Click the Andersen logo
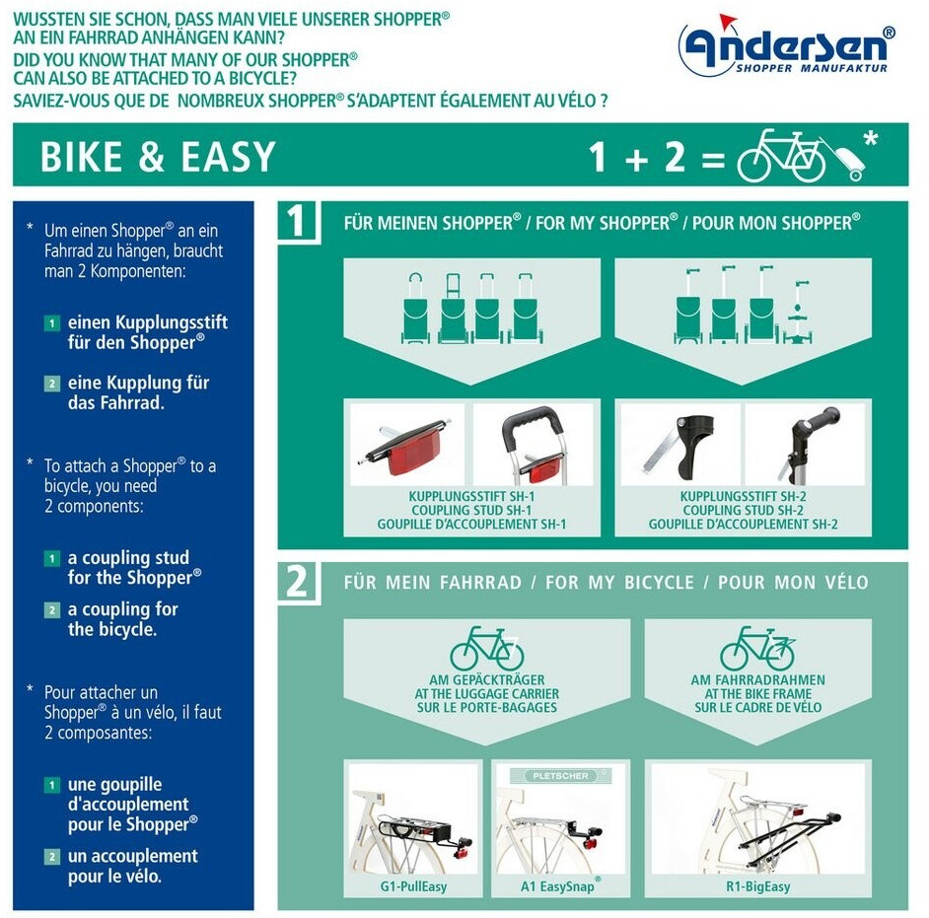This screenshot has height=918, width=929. coord(786,45)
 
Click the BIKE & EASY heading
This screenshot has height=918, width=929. coord(158,157)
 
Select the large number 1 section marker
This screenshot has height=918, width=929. coord(296,221)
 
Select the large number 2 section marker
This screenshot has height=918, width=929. coord(297,581)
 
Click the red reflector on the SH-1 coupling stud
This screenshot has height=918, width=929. coord(407,454)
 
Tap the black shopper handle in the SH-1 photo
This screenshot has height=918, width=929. coord(532,425)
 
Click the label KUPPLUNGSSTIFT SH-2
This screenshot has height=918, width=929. coord(743,496)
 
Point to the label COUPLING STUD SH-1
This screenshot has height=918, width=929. coord(471,510)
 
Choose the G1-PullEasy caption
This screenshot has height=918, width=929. coord(413,886)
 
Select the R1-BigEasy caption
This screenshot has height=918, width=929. coord(757,886)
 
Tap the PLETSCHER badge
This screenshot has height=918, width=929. coord(560,776)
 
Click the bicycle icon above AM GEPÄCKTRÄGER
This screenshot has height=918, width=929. coord(487,648)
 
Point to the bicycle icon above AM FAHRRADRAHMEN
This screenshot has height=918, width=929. coord(757,648)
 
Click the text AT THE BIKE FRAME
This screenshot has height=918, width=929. coord(757,693)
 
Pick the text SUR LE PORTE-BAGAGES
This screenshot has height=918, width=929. coord(487,707)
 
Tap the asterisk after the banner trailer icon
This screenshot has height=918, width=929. coord(871,139)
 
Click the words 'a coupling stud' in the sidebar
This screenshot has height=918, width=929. coord(128,557)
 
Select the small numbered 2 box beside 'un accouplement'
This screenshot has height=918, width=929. coord(52,857)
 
